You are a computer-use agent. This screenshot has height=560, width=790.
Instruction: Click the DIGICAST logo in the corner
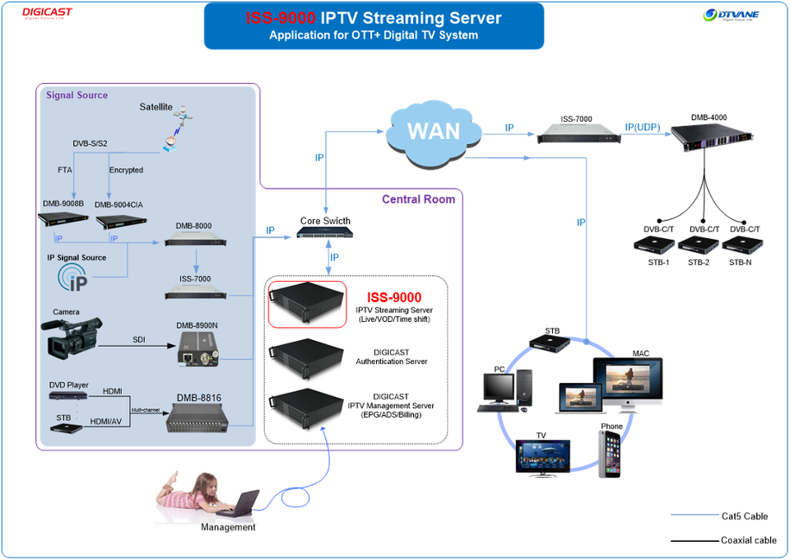point(47,12)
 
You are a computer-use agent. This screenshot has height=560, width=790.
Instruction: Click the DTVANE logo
point(731,14)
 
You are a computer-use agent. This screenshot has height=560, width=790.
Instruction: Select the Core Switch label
point(325,221)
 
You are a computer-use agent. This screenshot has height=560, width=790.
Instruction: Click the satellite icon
point(175,128)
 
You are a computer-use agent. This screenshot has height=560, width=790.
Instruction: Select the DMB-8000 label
point(193,225)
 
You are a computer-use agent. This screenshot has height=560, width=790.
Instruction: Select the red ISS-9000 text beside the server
point(394,297)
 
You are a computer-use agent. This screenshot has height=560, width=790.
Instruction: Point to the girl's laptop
point(239,502)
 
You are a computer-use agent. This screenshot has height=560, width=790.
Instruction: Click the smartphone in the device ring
point(608,452)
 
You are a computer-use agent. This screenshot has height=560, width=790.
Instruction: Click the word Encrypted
point(126,170)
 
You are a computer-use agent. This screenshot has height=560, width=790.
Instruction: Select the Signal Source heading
point(77,96)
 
